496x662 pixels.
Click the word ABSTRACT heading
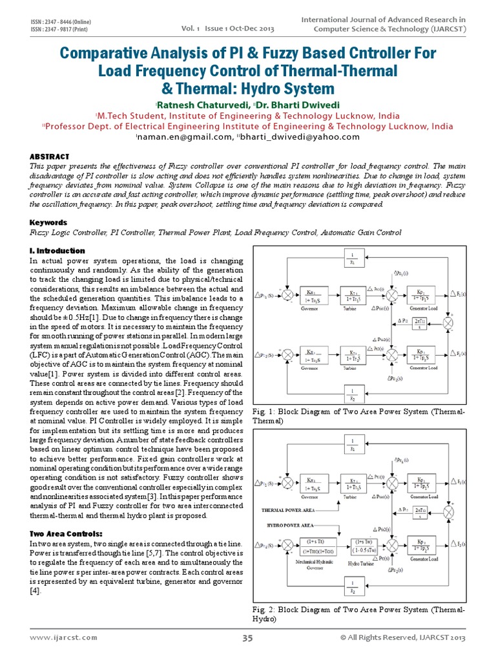click(50, 156)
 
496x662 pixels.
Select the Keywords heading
click(48, 222)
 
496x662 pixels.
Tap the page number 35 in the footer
click(247, 638)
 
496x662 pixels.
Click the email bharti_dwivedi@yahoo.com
click(299, 136)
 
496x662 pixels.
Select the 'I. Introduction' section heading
click(57, 250)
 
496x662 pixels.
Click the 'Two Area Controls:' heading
click(67, 533)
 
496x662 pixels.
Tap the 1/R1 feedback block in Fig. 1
click(353, 260)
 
